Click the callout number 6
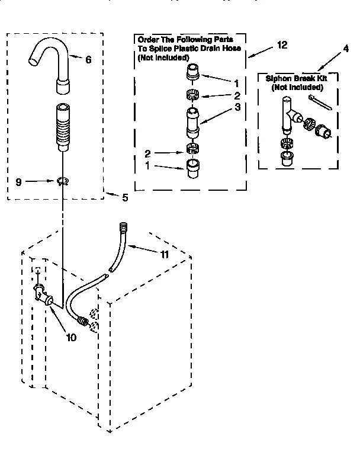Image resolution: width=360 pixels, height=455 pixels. (89, 60)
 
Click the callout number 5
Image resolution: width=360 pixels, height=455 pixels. (125, 198)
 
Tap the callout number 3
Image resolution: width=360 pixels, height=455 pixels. (220, 107)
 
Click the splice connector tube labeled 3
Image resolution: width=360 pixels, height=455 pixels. (192, 121)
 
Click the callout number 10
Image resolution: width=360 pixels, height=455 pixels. (71, 338)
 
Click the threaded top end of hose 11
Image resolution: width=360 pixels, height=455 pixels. (123, 227)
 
